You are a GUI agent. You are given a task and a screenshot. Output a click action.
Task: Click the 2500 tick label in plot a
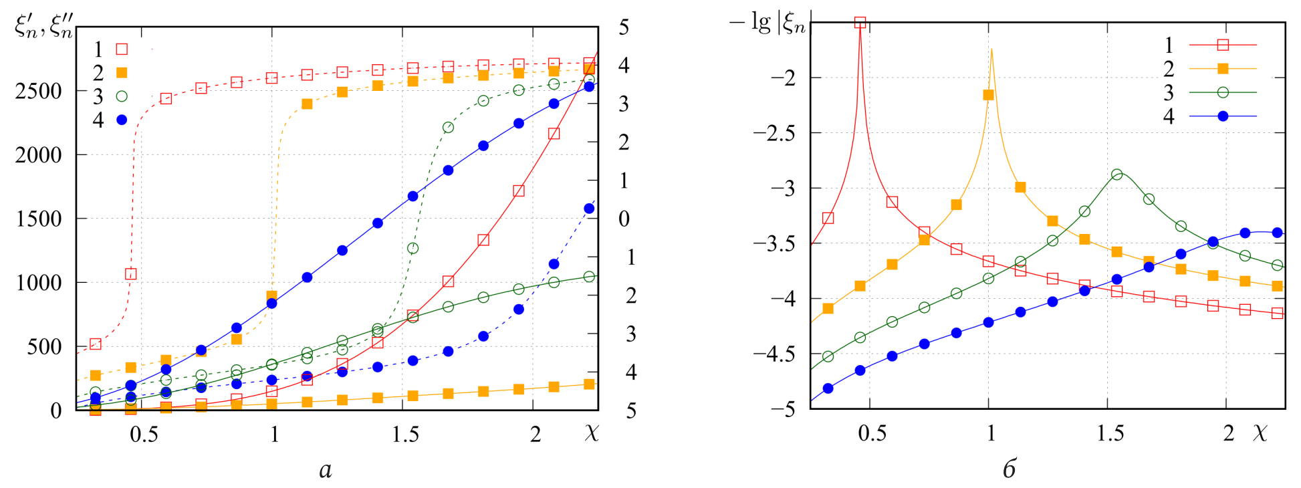[x=38, y=91]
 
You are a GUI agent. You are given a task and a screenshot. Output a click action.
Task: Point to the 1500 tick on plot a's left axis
[x=38, y=219]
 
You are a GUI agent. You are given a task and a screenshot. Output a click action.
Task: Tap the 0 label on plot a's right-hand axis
[x=624, y=219]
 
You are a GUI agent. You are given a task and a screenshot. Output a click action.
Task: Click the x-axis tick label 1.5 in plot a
[x=405, y=435]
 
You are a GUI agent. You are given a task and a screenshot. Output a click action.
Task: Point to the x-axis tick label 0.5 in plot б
[x=872, y=433]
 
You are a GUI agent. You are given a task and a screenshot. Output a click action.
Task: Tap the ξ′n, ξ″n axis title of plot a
[x=44, y=27]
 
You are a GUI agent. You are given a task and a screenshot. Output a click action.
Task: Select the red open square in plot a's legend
[x=122, y=49]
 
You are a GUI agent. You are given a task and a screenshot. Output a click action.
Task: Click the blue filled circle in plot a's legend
[x=122, y=120]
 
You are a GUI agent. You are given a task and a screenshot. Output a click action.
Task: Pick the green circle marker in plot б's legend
[x=1223, y=92]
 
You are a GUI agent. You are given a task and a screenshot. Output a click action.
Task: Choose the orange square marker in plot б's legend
[x=1223, y=69]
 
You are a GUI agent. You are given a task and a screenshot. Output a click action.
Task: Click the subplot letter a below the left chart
[x=326, y=471]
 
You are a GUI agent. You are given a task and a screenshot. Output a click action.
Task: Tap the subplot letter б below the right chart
[x=1010, y=469]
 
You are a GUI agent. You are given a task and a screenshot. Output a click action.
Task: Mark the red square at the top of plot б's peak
[x=860, y=23]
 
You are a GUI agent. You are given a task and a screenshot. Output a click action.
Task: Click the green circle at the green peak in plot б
[x=1116, y=174]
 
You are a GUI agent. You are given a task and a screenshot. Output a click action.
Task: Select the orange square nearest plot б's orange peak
[x=988, y=95]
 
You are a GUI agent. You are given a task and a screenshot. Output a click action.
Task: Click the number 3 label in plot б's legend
[x=1169, y=93]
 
